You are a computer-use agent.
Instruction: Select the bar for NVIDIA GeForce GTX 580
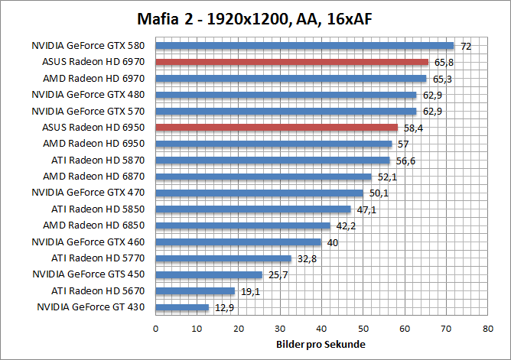coord(304,46)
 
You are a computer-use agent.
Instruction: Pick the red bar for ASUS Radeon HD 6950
coord(276,128)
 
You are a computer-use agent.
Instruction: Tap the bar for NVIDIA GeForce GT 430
coord(182,307)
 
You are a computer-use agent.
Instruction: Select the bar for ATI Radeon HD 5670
coord(195,291)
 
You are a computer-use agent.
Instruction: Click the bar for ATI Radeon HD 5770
coord(223,258)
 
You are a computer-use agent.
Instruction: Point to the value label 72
coord(465,47)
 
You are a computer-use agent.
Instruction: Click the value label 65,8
coord(442,63)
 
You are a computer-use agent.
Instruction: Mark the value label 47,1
coord(364,209)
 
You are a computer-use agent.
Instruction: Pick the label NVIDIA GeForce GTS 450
coord(90,274)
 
